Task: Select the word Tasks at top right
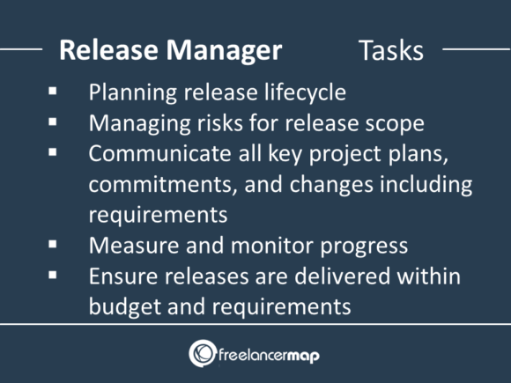[x=391, y=50]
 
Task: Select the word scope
[x=393, y=122]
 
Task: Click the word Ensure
[x=117, y=276]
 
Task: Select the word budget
[x=119, y=306]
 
